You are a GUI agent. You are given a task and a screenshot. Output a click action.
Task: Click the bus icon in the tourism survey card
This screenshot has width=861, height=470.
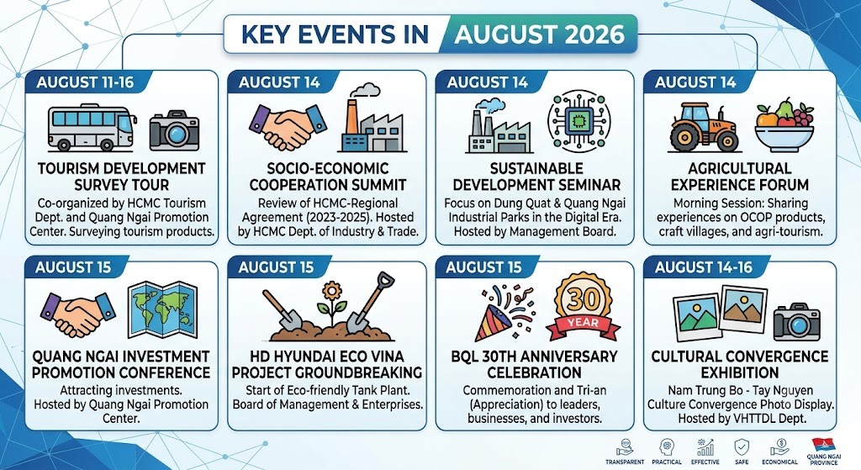pyautogui.click(x=92, y=128)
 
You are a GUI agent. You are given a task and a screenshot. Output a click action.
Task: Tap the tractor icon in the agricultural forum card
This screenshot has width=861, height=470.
pyautogui.click(x=704, y=127)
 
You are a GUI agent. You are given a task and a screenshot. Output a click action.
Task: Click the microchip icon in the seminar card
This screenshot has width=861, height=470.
pyautogui.click(x=578, y=121)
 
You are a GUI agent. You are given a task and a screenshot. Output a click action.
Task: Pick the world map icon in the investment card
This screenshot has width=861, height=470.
pyautogui.click(x=162, y=309)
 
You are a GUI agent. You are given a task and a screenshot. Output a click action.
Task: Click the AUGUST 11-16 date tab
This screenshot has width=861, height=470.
pyautogui.click(x=85, y=82)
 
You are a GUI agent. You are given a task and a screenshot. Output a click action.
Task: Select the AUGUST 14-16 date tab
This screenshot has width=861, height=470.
pyautogui.click(x=704, y=267)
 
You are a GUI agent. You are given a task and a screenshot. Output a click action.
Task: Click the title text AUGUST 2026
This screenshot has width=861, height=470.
pyautogui.click(x=540, y=34)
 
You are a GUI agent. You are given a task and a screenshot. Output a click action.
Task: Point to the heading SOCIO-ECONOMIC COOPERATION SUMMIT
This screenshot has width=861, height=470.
pyautogui.click(x=328, y=177)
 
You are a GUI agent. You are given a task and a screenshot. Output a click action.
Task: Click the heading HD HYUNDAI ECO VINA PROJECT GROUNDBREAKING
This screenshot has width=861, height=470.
pyautogui.click(x=327, y=365)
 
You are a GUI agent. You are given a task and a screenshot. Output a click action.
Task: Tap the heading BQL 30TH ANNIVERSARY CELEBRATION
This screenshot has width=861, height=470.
pyautogui.click(x=534, y=365)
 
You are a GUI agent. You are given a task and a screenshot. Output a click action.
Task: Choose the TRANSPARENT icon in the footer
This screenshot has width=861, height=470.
pyautogui.click(x=625, y=447)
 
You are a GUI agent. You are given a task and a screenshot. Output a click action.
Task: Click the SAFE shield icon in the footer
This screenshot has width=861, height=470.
pyautogui.click(x=742, y=447)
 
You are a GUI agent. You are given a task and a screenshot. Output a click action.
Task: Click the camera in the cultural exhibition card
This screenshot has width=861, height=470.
pyautogui.click(x=797, y=321)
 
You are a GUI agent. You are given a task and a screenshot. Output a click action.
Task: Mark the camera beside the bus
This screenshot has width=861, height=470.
pyautogui.click(x=174, y=130)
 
